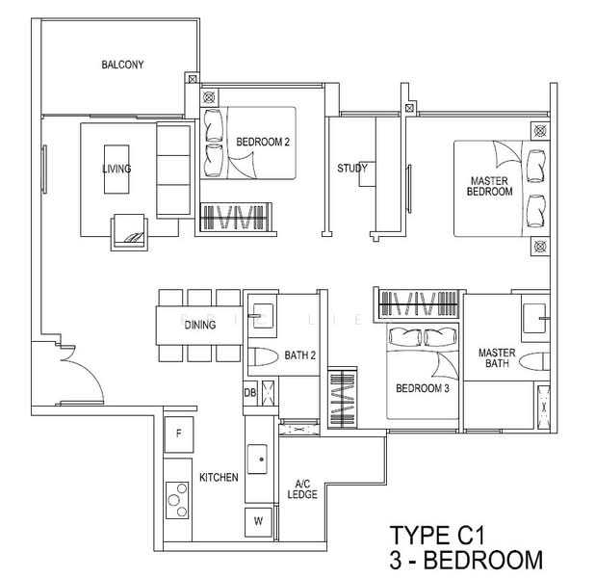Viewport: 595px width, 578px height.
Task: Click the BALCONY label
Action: pyautogui.click(x=122, y=65)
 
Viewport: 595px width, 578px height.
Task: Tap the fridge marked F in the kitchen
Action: pyautogui.click(x=179, y=433)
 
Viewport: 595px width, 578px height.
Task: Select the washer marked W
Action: pyautogui.click(x=258, y=522)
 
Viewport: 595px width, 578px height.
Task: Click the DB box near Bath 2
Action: pyautogui.click(x=250, y=393)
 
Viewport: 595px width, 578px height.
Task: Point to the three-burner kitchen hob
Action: pyautogui.click(x=177, y=500)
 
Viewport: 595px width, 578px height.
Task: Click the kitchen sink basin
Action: pyautogui.click(x=257, y=460)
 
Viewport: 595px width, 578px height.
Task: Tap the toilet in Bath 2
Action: pyautogui.click(x=263, y=357)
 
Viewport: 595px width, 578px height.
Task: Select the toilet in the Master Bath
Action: pyautogui.click(x=534, y=361)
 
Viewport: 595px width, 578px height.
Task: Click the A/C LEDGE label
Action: pyautogui.click(x=302, y=489)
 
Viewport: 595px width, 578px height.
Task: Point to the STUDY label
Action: pyautogui.click(x=352, y=169)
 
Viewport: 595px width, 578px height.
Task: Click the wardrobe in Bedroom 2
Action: pyautogui.click(x=236, y=217)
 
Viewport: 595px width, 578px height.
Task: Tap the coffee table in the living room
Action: pyautogui.click(x=116, y=170)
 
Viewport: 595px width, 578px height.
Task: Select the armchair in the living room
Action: pyautogui.click(x=129, y=232)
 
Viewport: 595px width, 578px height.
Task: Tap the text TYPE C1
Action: pyautogui.click(x=437, y=536)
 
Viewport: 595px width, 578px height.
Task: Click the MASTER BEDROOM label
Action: pyautogui.click(x=489, y=186)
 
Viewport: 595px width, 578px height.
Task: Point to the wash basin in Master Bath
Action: pyautogui.click(x=536, y=318)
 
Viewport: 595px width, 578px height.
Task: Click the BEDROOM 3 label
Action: pyautogui.click(x=423, y=388)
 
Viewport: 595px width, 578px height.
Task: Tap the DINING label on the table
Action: pyautogui.click(x=200, y=325)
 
